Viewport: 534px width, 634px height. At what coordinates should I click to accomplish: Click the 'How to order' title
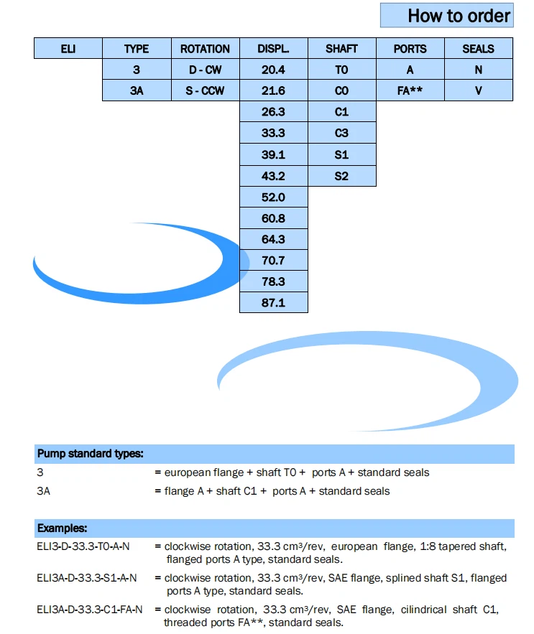(459, 16)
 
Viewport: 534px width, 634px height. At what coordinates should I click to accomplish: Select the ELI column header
(68, 49)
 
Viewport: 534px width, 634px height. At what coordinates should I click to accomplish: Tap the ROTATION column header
(205, 49)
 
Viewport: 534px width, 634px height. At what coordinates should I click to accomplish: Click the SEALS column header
(478, 49)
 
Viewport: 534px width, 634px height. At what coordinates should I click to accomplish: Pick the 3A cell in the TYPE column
(137, 90)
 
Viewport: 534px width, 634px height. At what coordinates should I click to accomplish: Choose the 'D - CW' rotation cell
(205, 70)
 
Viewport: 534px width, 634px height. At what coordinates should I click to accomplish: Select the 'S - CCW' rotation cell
(205, 90)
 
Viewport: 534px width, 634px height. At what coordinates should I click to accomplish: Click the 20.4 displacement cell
(273, 70)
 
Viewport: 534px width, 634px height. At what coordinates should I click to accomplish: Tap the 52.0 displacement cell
(273, 197)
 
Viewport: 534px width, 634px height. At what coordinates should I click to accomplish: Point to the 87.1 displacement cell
(273, 302)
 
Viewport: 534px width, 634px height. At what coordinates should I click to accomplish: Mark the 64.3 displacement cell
(273, 239)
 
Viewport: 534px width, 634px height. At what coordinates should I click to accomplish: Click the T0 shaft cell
(341, 70)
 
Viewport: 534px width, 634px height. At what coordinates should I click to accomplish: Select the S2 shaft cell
(341, 176)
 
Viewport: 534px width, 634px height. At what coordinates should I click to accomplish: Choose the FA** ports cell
(410, 90)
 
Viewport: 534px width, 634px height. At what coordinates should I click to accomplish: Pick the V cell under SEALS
(478, 90)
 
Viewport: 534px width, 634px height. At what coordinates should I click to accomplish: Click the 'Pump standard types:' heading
(90, 454)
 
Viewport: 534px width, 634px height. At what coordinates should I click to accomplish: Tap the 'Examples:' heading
(63, 528)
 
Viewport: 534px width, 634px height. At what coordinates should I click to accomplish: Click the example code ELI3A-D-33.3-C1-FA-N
(90, 610)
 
